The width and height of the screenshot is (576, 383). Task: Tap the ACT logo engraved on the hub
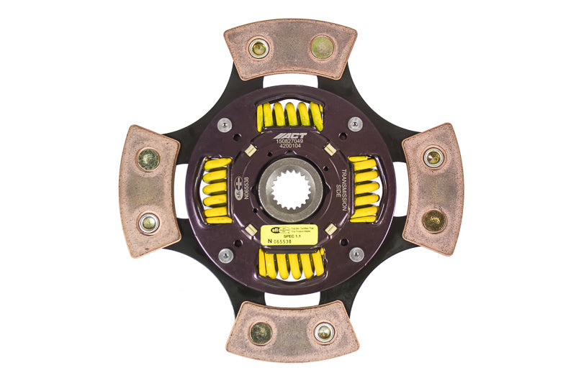tap(290, 134)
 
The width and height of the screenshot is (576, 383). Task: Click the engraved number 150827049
tap(290, 142)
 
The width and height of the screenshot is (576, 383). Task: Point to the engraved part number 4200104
tap(290, 149)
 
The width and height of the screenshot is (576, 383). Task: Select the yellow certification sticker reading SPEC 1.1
tap(290, 234)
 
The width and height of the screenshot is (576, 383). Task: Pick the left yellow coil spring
tap(215, 190)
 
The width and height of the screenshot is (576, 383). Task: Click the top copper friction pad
tap(290, 48)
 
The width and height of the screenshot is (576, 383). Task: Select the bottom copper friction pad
tap(292, 331)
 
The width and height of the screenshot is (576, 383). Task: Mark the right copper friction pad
tap(433, 188)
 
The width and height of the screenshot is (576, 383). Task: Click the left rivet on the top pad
tap(258, 48)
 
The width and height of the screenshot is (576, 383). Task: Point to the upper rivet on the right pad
tap(433, 157)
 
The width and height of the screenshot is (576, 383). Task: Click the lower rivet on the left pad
tap(149, 223)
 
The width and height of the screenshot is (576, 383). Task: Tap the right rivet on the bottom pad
tap(324, 331)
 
